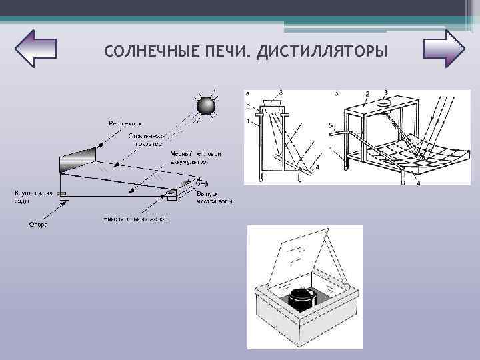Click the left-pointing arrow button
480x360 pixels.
(35, 48)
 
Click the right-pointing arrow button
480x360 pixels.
(443, 48)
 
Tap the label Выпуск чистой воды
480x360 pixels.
(214, 197)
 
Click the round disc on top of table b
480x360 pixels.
(386, 103)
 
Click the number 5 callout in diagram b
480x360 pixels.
(331, 125)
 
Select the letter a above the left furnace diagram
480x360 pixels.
(248, 93)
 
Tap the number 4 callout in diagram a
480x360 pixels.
(317, 167)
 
